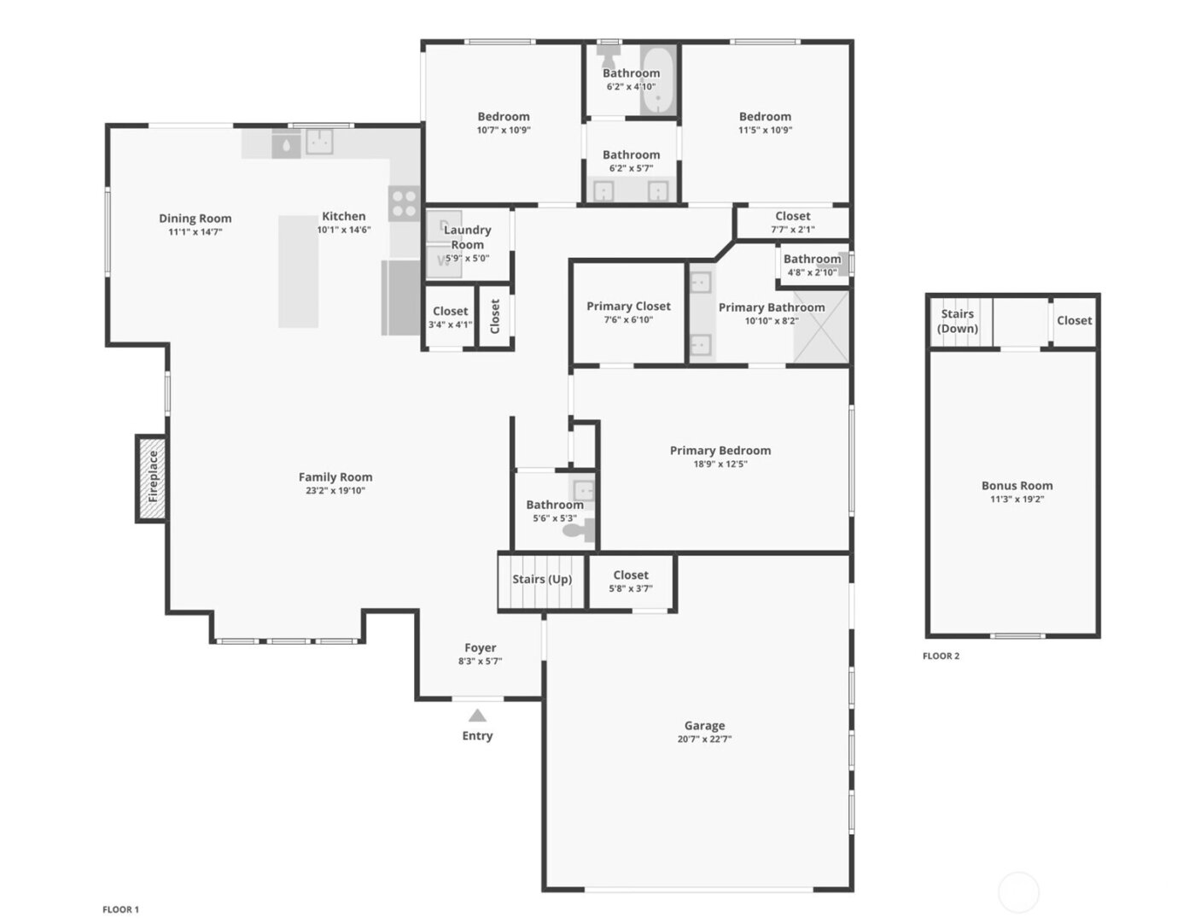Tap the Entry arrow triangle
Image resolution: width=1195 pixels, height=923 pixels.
[x=477, y=716]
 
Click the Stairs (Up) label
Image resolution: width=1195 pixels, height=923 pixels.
[x=542, y=579]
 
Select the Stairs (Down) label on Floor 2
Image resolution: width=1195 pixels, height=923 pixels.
[x=957, y=321]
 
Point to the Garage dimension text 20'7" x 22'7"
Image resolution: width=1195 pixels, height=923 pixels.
[x=704, y=739]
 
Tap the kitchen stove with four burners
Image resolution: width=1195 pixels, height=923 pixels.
[x=404, y=204]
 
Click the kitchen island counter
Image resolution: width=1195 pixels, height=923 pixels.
[x=298, y=271]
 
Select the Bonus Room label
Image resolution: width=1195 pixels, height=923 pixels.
[x=1017, y=485]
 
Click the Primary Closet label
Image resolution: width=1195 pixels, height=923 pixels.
[x=628, y=306]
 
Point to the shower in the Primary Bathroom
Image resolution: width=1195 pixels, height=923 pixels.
[x=821, y=327]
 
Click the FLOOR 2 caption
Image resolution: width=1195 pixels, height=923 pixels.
[x=941, y=656]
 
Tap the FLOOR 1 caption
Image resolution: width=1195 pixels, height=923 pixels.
[x=120, y=909]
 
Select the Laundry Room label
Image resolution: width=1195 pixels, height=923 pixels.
[x=468, y=237]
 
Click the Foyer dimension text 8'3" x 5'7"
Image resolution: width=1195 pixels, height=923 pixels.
[x=480, y=661]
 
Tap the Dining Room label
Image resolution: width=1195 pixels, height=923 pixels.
[x=195, y=218]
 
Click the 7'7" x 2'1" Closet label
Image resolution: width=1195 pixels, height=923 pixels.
[x=792, y=216]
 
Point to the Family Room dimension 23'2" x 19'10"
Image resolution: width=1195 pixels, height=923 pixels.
[x=335, y=491]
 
